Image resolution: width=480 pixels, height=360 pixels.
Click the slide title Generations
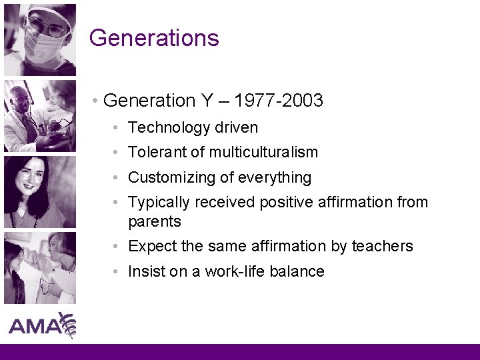154,37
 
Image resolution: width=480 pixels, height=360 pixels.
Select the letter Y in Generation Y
207,101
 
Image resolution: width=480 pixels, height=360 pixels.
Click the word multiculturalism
263,152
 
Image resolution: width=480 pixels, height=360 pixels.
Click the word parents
154,221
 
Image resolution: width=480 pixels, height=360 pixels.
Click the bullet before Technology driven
116,127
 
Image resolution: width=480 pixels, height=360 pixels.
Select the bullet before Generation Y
97,101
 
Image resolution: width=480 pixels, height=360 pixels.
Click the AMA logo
41,326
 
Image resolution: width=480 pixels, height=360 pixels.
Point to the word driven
236,127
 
